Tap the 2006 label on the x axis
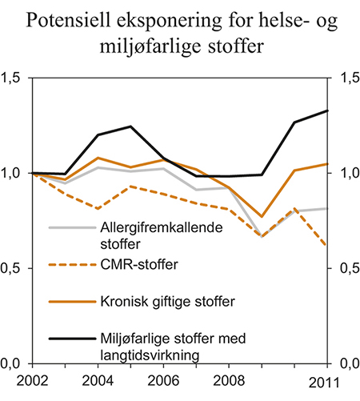(162, 382)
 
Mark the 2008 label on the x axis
(229, 382)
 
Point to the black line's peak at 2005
(130, 126)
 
